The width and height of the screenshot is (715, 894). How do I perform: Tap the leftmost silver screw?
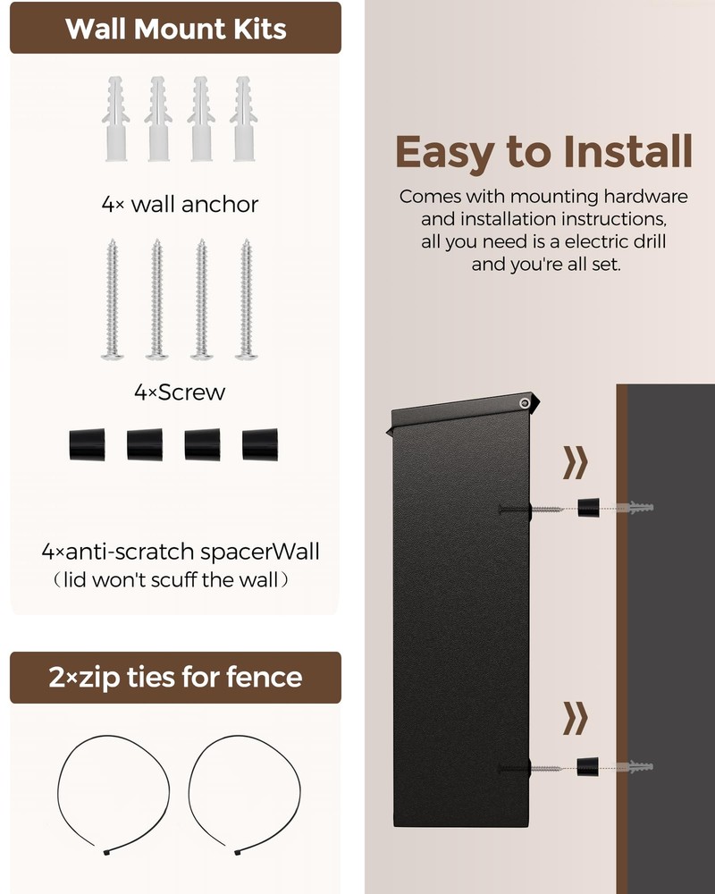113,299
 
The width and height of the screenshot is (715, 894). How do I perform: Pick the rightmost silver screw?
246,299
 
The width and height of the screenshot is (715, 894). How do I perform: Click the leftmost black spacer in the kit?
87,444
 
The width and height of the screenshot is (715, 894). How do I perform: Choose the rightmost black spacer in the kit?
260,444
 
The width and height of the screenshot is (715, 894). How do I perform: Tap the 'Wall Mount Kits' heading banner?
175,29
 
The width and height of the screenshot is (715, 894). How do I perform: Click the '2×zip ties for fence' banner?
175,677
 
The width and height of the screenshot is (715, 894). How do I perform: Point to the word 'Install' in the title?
621,152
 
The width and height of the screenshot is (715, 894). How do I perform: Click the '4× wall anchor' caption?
180,204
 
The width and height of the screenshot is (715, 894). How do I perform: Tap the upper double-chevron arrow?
576,463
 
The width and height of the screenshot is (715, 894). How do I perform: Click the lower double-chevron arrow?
576,717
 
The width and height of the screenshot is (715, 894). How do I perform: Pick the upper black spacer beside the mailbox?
588,509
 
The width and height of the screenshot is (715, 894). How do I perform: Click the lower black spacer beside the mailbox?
587,767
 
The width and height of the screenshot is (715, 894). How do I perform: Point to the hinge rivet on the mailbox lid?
521,405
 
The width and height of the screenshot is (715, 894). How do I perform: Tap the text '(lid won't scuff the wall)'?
170,579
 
